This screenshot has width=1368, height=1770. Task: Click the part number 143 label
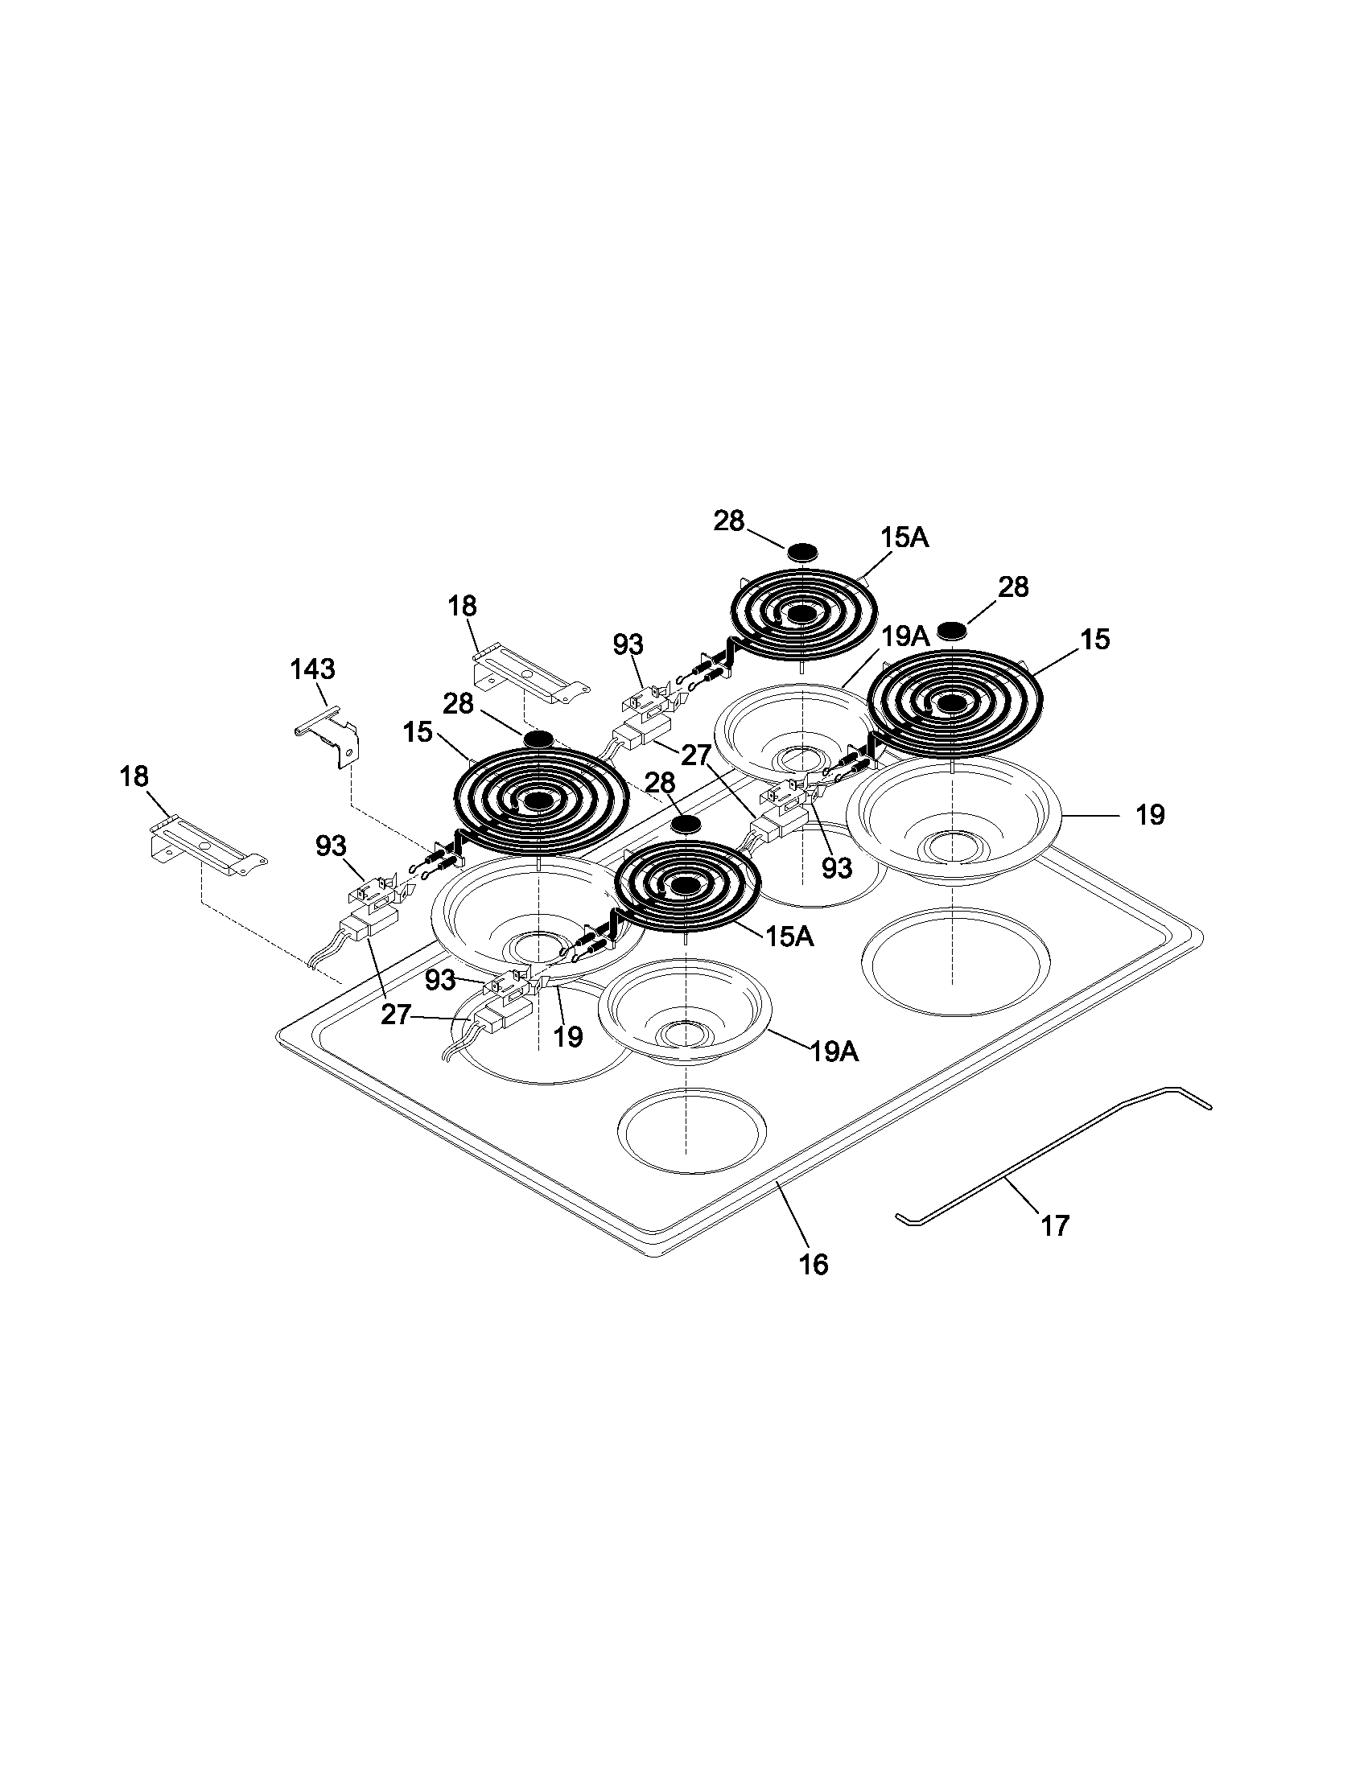(x=312, y=669)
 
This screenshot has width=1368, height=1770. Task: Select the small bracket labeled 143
(x=329, y=739)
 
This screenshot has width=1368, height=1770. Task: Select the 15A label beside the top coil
(x=904, y=537)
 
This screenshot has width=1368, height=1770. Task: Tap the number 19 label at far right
(x=1149, y=814)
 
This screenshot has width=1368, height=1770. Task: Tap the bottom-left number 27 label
(x=396, y=1015)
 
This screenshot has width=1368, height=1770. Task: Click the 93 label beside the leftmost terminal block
(x=331, y=846)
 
